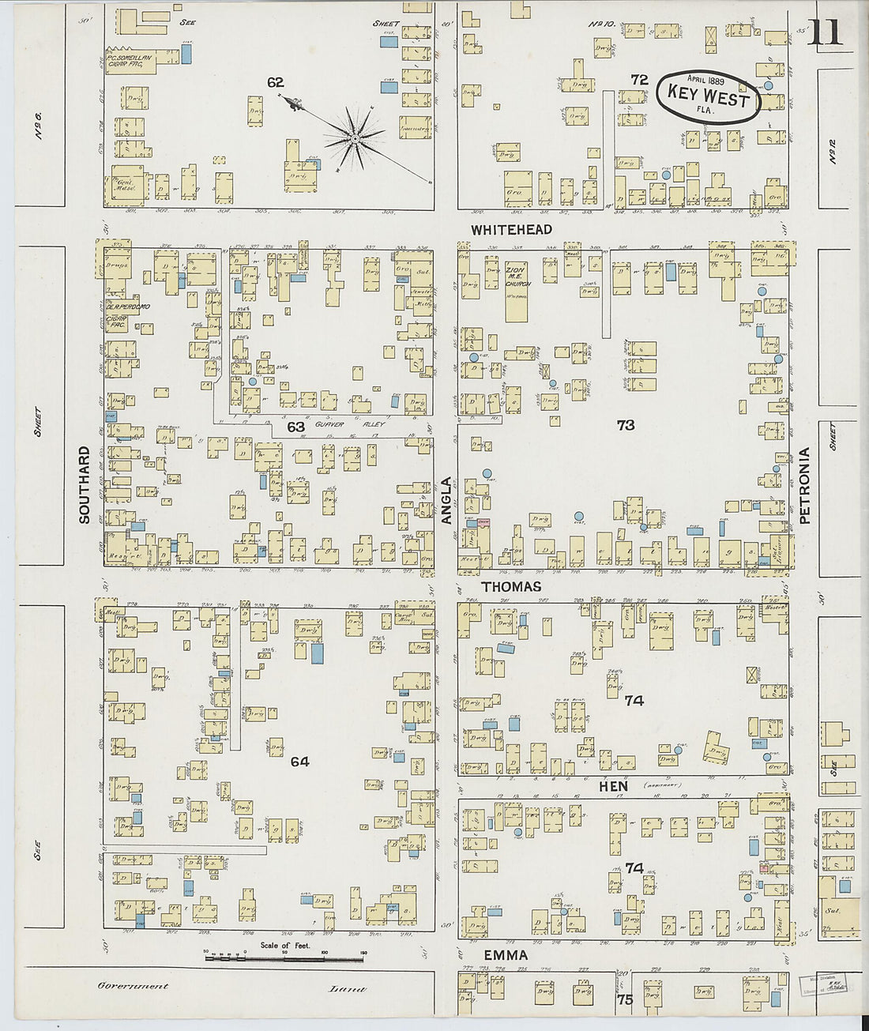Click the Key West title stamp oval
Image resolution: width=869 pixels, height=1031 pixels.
click(707, 96)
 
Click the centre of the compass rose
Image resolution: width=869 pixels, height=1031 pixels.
click(355, 139)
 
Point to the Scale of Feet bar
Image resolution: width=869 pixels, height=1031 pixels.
click(284, 958)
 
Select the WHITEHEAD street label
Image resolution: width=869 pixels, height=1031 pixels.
click(511, 230)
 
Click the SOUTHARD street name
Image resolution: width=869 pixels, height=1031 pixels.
click(85, 484)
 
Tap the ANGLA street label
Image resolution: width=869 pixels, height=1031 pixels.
click(446, 500)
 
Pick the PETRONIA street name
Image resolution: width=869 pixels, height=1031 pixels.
click(805, 485)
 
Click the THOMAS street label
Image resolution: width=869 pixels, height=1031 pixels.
click(511, 586)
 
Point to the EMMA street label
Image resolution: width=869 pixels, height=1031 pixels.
click(506, 955)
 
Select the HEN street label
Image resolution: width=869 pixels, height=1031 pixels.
click(613, 786)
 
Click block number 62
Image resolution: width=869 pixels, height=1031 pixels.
click(275, 82)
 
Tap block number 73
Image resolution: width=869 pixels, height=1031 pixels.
click(625, 425)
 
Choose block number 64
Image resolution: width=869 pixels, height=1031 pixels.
click(299, 762)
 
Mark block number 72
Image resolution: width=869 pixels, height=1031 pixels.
click(639, 80)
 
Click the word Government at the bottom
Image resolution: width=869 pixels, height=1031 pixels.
click(133, 986)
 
